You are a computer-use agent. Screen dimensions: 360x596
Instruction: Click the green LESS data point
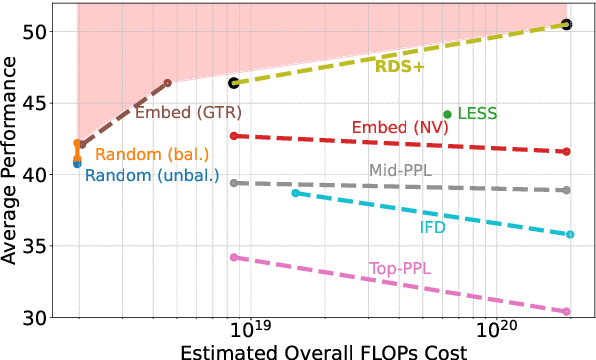coord(447,114)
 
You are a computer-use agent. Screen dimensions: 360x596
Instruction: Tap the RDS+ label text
coord(400,67)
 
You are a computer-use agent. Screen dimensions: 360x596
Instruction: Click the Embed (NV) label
coord(394,127)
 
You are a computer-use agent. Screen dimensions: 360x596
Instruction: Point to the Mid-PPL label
coord(400,170)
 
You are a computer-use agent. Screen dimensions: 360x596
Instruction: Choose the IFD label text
coord(433,227)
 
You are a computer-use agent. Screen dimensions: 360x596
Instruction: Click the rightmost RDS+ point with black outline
coord(567,24)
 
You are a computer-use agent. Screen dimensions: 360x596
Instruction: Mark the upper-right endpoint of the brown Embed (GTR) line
coord(167,82)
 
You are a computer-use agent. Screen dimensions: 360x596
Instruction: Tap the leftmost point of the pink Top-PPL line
coord(233,257)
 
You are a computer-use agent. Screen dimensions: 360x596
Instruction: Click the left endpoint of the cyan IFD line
coord(295,192)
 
